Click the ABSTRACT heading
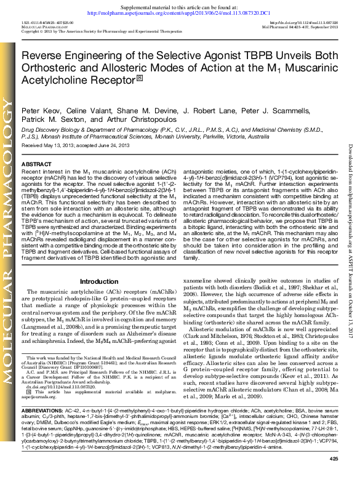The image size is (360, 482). (36, 164)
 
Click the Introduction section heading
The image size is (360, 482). (99, 281)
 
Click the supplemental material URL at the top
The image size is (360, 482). (180, 12)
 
